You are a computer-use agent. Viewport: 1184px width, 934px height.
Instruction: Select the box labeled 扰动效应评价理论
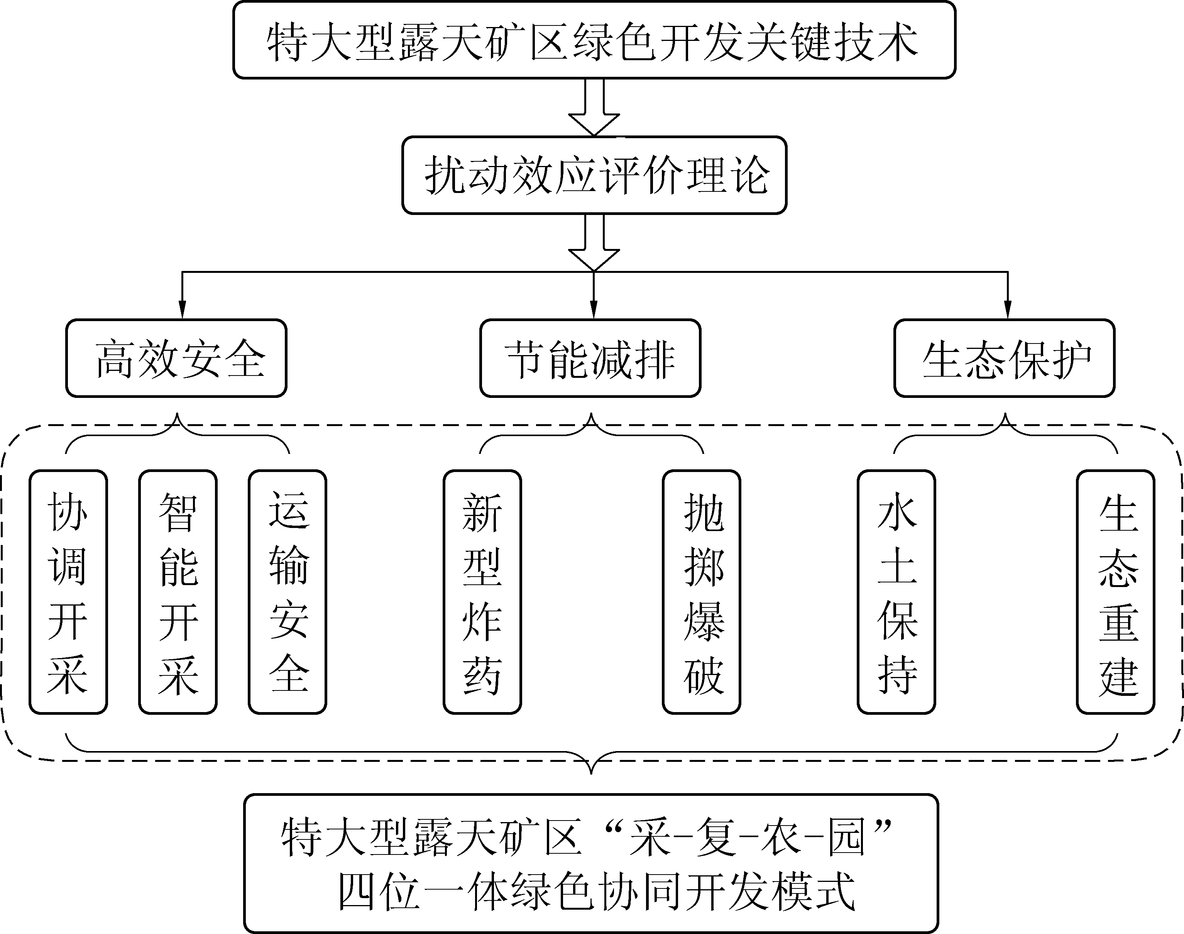pos(594,175)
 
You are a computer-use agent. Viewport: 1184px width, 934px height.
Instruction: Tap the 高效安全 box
pos(176,358)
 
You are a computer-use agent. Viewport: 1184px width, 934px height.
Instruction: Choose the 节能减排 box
pos(590,358)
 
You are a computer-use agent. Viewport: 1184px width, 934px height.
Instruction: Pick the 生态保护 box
pos(1004,358)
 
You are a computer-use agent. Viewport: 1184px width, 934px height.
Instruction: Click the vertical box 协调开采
pos(68,592)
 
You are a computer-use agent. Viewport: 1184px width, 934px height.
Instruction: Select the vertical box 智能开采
pos(178,592)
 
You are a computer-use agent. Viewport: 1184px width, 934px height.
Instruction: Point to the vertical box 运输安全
pos(288,592)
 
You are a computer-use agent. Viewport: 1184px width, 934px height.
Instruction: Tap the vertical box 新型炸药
pos(482,592)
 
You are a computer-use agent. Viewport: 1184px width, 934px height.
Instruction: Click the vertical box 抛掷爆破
pos(702,592)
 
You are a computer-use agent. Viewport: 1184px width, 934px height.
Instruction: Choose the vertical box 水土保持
pos(896,592)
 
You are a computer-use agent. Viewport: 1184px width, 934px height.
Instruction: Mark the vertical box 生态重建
pos(1116,592)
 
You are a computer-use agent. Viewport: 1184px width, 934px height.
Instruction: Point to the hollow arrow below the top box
pos(594,109)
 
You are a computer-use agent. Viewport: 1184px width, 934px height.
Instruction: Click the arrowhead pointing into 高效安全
pos(182,311)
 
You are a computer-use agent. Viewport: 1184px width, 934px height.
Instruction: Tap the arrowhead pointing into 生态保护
pos(1008,311)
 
